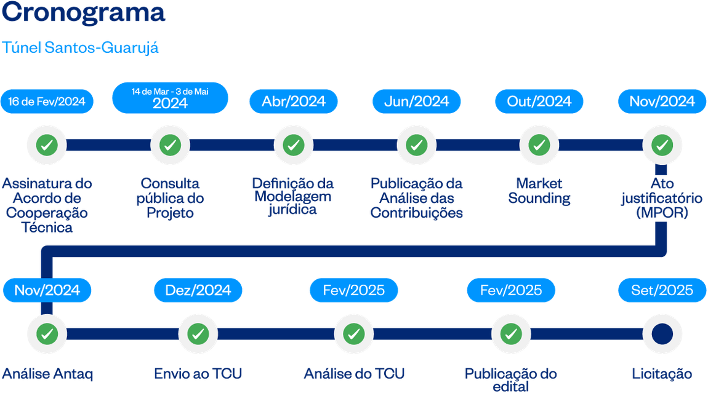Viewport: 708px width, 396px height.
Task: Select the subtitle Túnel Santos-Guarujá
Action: tap(81, 47)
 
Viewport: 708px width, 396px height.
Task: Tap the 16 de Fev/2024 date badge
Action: tap(47, 101)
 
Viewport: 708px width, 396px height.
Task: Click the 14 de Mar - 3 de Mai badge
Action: tap(170, 98)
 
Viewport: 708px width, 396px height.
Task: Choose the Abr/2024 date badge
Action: tap(293, 101)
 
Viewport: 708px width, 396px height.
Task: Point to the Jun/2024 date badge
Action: tap(417, 101)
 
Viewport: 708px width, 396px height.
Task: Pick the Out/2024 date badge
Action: tap(539, 101)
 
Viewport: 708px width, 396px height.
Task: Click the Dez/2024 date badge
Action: tap(198, 290)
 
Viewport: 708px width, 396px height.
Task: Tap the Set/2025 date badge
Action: tap(662, 290)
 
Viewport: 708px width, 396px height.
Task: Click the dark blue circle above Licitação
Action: tap(662, 334)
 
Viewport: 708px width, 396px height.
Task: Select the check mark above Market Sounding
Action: tap(539, 145)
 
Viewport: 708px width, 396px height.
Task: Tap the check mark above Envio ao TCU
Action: tap(198, 334)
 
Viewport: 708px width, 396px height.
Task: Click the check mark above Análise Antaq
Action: tap(47, 334)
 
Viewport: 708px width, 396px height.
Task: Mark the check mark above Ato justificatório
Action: tap(662, 145)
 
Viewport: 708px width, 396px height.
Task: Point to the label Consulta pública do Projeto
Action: tap(170, 198)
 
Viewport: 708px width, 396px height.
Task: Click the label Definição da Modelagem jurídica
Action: tap(293, 196)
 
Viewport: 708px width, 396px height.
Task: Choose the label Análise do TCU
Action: tap(355, 373)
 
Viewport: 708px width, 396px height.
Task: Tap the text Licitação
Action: tap(662, 373)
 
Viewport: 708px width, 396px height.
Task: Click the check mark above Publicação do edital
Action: tap(510, 334)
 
